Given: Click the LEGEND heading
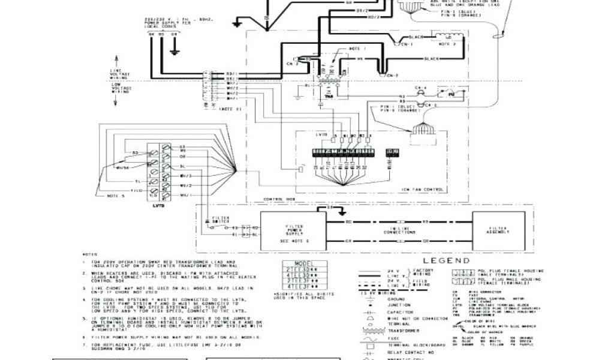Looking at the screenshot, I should pyautogui.click(x=430, y=261).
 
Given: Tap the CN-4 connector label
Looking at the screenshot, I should pyautogui.click(x=420, y=88).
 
